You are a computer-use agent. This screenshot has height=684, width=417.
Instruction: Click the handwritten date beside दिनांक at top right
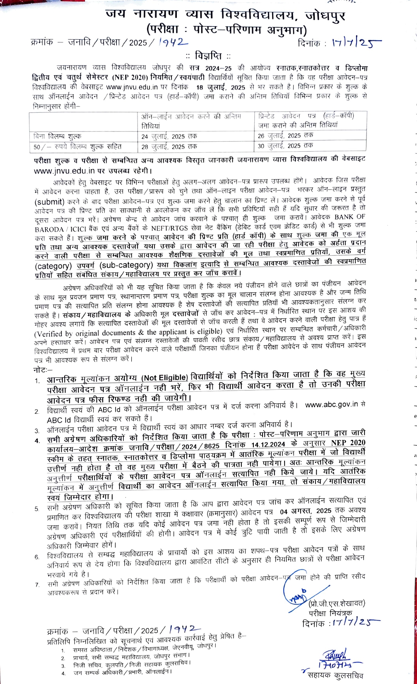tap(356, 43)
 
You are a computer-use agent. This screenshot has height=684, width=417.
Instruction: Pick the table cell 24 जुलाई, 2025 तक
tap(169, 136)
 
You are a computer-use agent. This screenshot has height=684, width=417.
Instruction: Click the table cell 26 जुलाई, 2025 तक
tap(286, 136)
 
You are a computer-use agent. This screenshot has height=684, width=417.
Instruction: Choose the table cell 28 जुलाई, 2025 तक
tap(169, 147)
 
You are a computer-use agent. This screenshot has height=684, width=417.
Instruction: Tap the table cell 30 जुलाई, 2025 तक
tap(286, 146)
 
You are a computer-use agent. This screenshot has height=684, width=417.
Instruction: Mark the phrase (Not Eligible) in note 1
tap(165, 377)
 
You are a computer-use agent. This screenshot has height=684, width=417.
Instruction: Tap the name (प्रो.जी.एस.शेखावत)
tap(337, 603)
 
